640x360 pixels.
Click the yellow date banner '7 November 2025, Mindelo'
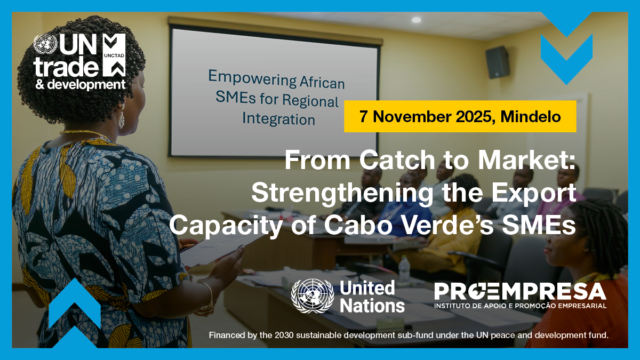pyautogui.click(x=460, y=116)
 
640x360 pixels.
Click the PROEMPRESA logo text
pyautogui.click(x=519, y=291)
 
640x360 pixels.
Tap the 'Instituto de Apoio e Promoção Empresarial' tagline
pyautogui.click(x=519, y=306)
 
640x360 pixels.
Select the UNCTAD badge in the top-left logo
pyautogui.click(x=114, y=55)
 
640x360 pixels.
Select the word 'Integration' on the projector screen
pyautogui.click(x=278, y=118)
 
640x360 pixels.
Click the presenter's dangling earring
pyautogui.click(x=122, y=118)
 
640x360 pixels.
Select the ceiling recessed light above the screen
pyautogui.click(x=416, y=20)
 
